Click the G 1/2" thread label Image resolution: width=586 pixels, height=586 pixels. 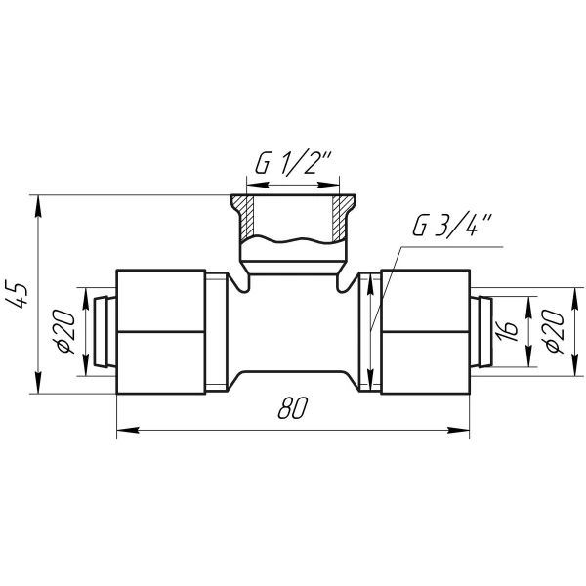pyautogui.click(x=292, y=163)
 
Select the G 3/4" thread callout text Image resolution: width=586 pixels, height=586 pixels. pyautogui.click(x=450, y=225)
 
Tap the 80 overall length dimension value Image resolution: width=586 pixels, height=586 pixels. pyautogui.click(x=293, y=407)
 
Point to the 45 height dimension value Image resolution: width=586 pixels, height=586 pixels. pyautogui.click(x=18, y=295)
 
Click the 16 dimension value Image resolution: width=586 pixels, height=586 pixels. pyautogui.click(x=509, y=331)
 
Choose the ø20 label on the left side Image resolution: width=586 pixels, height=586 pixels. pyautogui.click(x=65, y=331)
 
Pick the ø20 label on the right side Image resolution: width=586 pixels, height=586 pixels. pyautogui.click(x=554, y=331)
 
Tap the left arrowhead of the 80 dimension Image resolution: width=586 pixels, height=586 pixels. pyautogui.click(x=128, y=430)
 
